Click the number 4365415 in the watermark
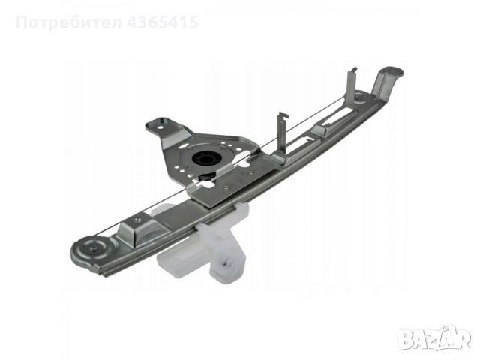163,22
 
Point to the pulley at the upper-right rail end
361,97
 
